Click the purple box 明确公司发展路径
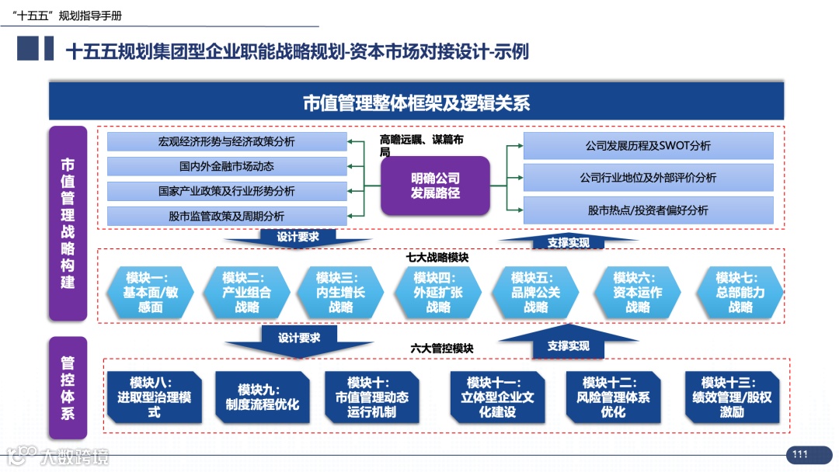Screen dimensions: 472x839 click(435, 186)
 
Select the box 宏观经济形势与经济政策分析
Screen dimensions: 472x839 click(227, 142)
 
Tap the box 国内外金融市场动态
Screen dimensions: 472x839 click(227, 166)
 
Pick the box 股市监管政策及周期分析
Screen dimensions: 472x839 click(227, 216)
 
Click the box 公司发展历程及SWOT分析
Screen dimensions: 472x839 click(648, 146)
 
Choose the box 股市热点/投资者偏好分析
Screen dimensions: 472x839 click(648, 210)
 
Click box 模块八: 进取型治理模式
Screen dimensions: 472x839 click(154, 397)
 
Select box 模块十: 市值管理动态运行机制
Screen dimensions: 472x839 click(371, 397)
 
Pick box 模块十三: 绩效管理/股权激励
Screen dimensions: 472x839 click(732, 397)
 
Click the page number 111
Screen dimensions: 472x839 click(801, 454)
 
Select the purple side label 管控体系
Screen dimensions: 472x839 click(68, 388)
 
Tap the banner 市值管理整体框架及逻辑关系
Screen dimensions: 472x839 click(416, 102)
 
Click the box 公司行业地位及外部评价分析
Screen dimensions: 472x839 click(648, 178)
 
